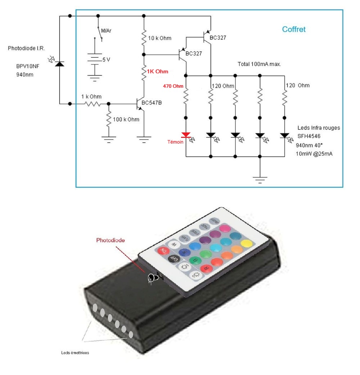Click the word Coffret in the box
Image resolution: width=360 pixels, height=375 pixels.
(x=294, y=30)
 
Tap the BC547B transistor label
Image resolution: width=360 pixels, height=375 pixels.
(x=152, y=103)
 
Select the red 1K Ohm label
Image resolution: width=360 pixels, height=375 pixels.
(x=157, y=72)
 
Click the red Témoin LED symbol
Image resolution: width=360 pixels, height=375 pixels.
(x=186, y=135)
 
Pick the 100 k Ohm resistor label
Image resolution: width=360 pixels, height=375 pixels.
(x=126, y=119)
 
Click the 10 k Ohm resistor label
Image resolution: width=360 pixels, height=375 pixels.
(x=160, y=38)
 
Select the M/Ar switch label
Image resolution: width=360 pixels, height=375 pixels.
(x=106, y=31)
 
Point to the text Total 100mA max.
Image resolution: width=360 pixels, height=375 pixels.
(x=259, y=64)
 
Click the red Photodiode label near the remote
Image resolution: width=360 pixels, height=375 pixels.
(x=111, y=240)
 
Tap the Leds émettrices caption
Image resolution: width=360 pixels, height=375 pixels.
(x=75, y=353)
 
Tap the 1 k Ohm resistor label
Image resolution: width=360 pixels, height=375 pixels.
(x=91, y=96)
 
